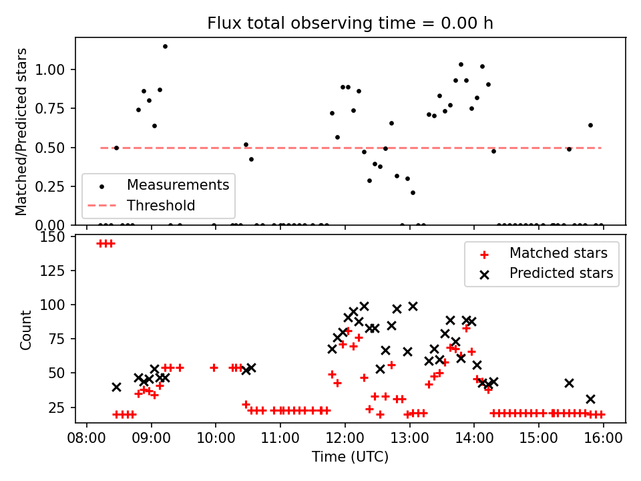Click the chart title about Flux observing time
point(351,23)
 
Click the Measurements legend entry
point(178,184)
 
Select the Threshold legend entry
point(161,206)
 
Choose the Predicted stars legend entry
point(561,273)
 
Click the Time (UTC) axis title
point(350,458)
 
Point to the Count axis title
point(26,330)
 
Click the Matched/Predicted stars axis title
point(22,132)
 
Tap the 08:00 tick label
point(86,438)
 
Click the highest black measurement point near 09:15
point(165,46)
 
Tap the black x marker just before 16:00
point(590,399)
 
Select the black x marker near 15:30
point(569,383)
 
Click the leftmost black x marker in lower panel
point(116,387)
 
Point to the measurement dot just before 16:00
point(590,125)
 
